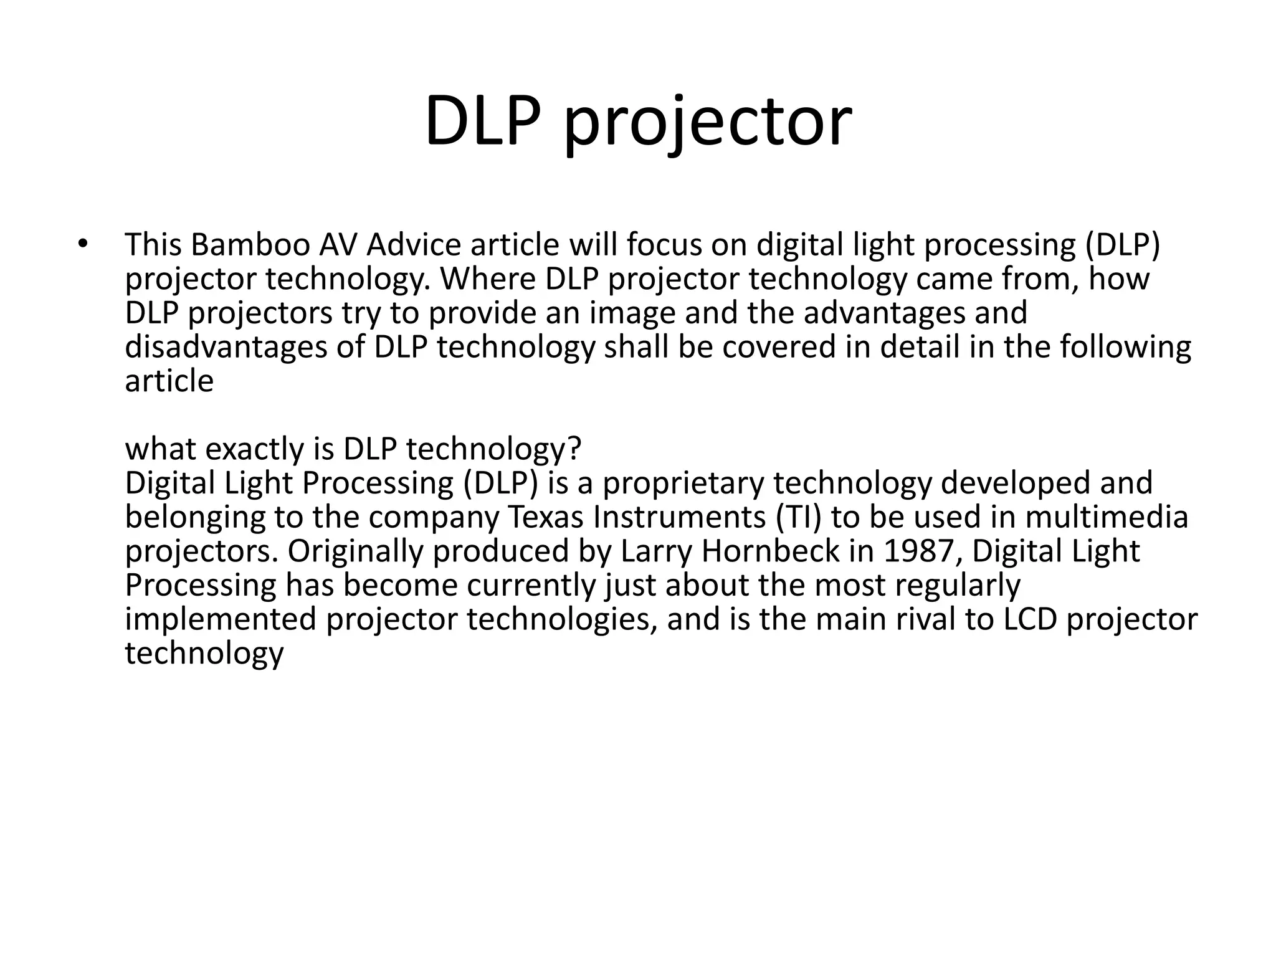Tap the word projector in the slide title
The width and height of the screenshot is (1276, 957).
707,125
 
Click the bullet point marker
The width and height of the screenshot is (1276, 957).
82,244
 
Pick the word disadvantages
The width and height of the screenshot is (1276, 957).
226,347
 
